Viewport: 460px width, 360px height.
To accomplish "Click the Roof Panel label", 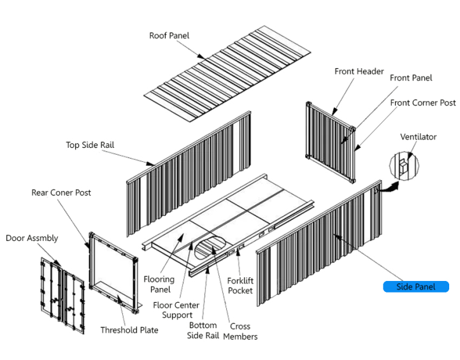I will tap(169, 36).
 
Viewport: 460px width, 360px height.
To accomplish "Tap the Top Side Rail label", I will tap(90, 145).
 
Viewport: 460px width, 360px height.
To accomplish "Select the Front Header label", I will tap(359, 71).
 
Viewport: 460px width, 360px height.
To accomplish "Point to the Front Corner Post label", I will tap(422, 103).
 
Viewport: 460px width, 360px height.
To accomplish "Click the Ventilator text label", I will tap(418, 137).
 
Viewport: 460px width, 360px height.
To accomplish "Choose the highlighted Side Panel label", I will tap(415, 287).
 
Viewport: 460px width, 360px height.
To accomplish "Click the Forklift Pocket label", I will tap(240, 285).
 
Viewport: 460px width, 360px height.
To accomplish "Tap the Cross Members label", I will tap(240, 331).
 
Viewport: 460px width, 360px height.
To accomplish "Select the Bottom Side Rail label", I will tap(203, 331).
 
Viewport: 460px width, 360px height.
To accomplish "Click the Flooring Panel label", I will tap(159, 284).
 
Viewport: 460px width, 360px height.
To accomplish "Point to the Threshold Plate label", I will tap(129, 330).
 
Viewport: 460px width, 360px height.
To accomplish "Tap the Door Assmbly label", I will tap(32, 238).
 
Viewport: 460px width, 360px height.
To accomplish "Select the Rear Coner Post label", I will tap(61, 192).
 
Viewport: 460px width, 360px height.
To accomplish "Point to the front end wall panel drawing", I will tap(329, 133).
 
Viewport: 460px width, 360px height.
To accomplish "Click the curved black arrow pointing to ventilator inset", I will tap(389, 187).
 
